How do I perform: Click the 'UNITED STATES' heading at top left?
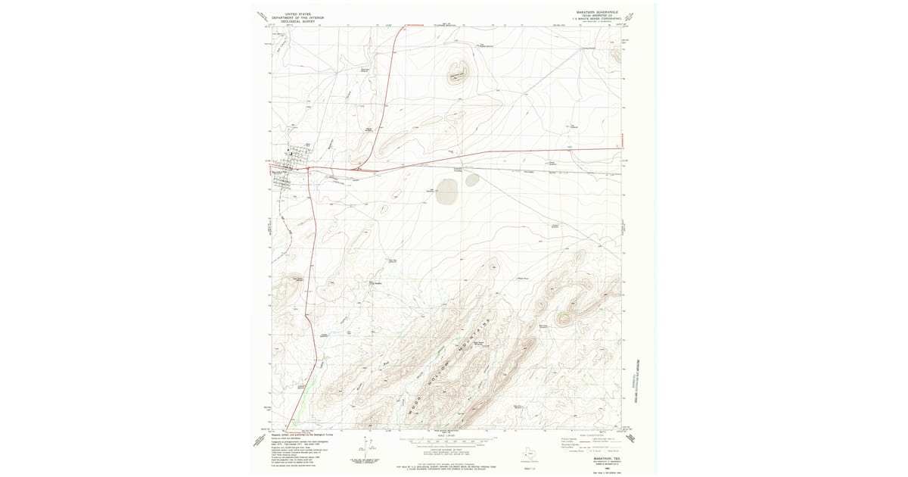[x=296, y=13]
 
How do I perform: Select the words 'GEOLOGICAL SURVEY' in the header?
[x=296, y=21]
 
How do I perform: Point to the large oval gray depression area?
[x=446, y=192]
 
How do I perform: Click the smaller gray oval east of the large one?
[x=472, y=180]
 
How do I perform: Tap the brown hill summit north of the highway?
[x=459, y=71]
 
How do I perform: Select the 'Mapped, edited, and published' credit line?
[x=303, y=435]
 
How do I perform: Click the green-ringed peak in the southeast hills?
[x=564, y=319]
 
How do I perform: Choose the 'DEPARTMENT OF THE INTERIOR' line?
[x=296, y=17]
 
